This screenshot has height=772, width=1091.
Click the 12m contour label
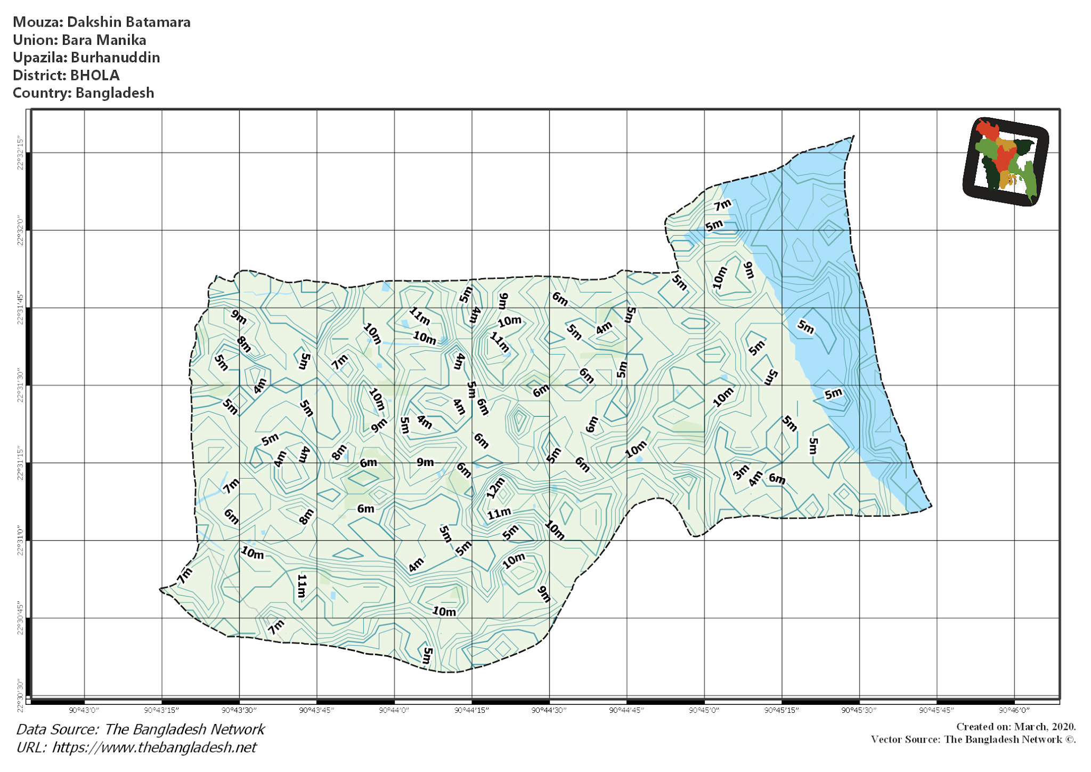point(495,488)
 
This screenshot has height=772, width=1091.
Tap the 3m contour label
point(740,472)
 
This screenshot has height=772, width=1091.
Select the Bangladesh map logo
point(1005,161)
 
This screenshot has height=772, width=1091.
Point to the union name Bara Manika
point(104,40)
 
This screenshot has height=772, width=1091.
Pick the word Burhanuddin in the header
point(115,58)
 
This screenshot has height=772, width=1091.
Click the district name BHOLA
point(95,75)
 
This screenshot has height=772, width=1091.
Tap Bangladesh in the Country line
point(115,93)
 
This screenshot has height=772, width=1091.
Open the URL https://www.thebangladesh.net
point(154,747)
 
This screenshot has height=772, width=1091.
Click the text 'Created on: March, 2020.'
point(1016,727)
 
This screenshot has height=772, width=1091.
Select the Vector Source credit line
point(973,739)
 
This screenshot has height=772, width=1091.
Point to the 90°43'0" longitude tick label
point(84,710)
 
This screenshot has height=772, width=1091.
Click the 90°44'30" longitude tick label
point(549,710)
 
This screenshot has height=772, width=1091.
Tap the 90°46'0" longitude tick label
point(1014,710)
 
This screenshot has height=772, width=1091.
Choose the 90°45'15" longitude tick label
point(781,710)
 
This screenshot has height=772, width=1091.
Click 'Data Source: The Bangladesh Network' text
point(141,729)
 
